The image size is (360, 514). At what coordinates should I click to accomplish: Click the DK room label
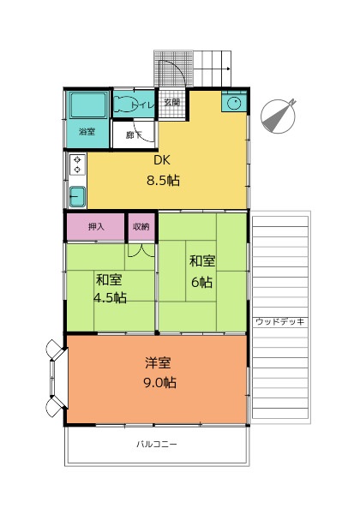(x=162, y=160)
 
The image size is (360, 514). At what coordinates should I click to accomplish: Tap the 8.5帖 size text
(x=163, y=181)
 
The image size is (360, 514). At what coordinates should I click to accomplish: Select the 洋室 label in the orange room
(x=158, y=363)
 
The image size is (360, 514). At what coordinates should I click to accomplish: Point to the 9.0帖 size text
(x=160, y=383)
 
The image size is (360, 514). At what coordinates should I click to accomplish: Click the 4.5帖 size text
(x=111, y=298)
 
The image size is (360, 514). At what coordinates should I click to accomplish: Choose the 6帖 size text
(x=202, y=282)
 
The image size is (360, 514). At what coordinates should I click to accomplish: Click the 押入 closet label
(x=96, y=226)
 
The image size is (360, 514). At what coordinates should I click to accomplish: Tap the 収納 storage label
(x=141, y=226)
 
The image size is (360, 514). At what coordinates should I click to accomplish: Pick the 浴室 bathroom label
(x=87, y=132)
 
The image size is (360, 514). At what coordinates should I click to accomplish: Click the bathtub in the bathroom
(x=88, y=105)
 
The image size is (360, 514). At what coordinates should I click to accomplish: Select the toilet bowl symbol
(x=123, y=105)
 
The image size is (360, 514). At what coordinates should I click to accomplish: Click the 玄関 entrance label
(x=171, y=102)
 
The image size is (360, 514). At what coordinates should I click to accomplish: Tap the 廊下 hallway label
(x=134, y=135)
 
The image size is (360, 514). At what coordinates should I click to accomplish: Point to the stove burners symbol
(x=77, y=164)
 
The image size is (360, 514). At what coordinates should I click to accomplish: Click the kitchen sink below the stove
(x=77, y=197)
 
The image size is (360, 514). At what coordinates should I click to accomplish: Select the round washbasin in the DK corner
(x=234, y=104)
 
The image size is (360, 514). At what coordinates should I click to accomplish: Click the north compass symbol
(x=279, y=116)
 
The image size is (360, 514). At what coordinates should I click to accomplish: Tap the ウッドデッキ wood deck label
(x=280, y=321)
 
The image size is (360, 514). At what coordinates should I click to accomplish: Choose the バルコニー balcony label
(x=157, y=444)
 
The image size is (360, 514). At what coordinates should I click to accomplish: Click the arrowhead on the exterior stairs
(x=228, y=69)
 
